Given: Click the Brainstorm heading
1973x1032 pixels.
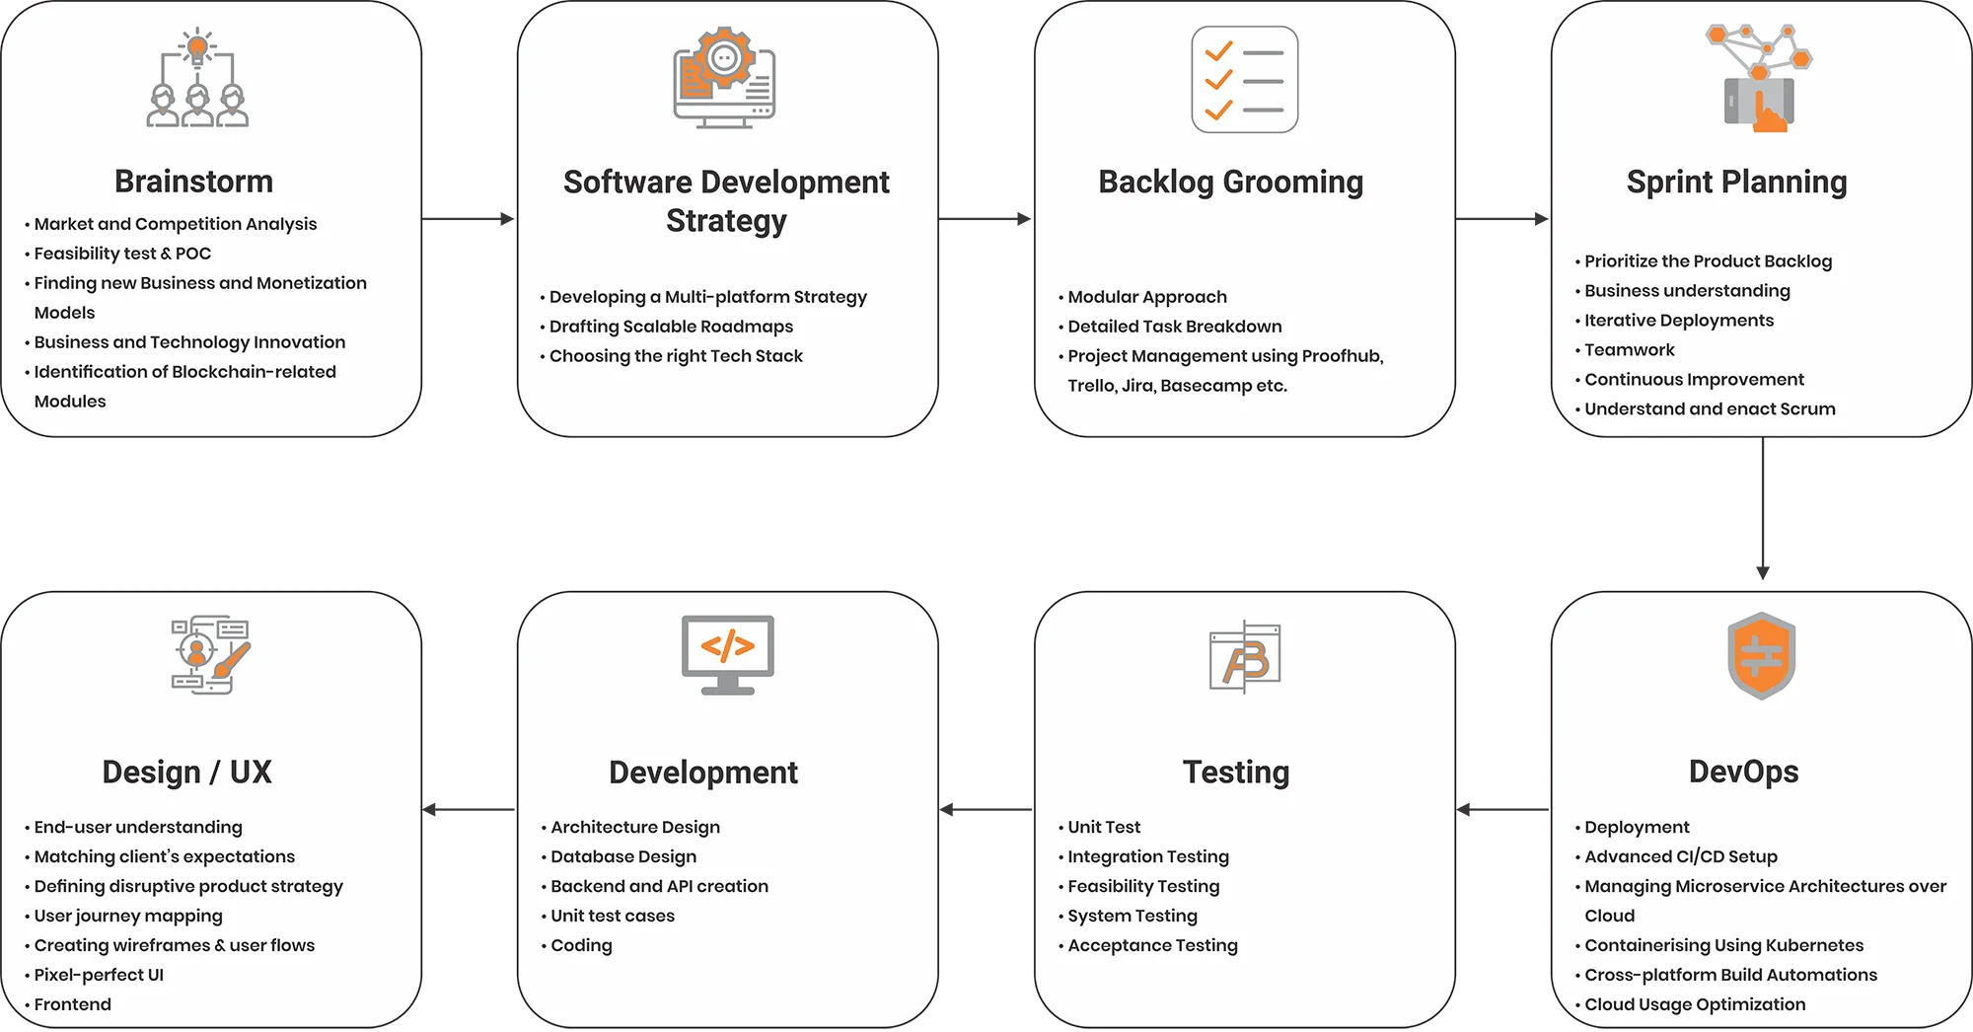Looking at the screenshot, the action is click(x=193, y=182).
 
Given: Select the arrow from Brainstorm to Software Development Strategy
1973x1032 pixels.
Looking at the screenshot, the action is click(x=469, y=219).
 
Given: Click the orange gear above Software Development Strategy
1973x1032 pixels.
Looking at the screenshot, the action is click(x=724, y=58).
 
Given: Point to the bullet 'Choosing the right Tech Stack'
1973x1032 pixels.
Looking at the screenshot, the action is click(x=676, y=356).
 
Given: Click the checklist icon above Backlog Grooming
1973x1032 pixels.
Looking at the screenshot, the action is click(x=1244, y=80).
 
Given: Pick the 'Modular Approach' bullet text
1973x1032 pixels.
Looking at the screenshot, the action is click(x=1147, y=297).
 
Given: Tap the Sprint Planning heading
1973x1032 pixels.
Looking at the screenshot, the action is click(x=1736, y=183).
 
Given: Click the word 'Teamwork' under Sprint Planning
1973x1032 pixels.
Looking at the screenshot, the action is click(x=1630, y=350).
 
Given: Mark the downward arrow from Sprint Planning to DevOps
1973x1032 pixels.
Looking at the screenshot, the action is click(x=1763, y=508).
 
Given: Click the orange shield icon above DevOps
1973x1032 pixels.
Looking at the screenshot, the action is click(x=1762, y=655).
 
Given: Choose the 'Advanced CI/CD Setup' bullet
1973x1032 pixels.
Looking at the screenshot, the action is click(x=1681, y=856).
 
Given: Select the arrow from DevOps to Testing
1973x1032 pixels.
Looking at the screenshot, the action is click(x=1502, y=810).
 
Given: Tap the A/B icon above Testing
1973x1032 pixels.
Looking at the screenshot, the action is click(x=1245, y=657).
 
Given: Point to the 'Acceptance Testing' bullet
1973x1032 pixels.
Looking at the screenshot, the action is click(x=1152, y=945).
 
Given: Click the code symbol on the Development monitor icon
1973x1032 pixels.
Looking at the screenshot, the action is click(x=728, y=646).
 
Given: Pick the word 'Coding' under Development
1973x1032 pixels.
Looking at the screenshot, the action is click(x=581, y=945).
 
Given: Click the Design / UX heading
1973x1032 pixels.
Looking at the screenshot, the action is click(x=186, y=773).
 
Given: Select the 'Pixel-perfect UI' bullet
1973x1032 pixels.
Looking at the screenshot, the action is click(x=99, y=975).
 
